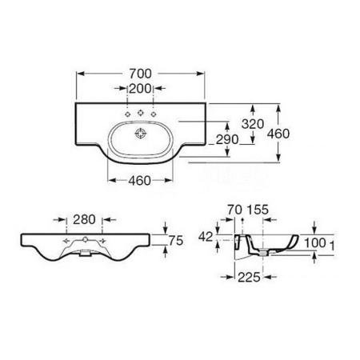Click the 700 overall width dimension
140,74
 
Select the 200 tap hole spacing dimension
140,89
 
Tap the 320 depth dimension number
253,124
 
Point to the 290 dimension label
227,139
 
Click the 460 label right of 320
278,134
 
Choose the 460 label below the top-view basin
139,181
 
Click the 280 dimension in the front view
84,220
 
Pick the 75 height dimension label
176,241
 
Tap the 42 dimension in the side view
206,237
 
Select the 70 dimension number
234,210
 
